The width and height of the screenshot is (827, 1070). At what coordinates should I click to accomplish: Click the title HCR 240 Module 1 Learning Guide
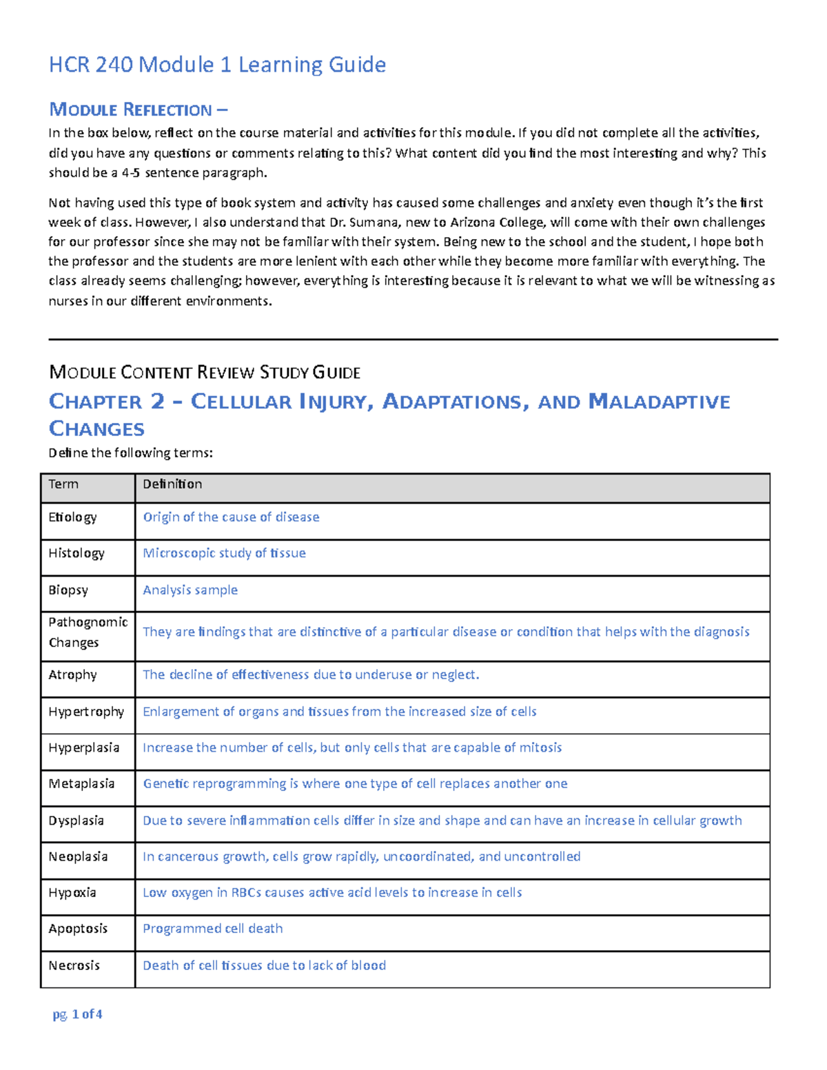pyautogui.click(x=217, y=65)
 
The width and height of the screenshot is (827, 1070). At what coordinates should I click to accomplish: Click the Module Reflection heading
pyautogui.click(x=138, y=110)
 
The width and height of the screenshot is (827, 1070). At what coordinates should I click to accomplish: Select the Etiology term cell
pyautogui.click(x=72, y=517)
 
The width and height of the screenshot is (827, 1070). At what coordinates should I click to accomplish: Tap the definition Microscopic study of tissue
pyautogui.click(x=224, y=553)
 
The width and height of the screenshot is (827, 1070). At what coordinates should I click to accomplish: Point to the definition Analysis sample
pyautogui.click(x=190, y=590)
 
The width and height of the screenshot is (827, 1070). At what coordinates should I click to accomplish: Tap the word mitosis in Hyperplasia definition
pyautogui.click(x=541, y=748)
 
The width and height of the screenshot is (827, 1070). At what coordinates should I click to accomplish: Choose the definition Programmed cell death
pyautogui.click(x=212, y=929)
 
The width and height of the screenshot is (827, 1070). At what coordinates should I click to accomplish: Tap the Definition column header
pyautogui.click(x=172, y=484)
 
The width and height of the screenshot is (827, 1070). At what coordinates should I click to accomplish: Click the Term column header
pyautogui.click(x=63, y=484)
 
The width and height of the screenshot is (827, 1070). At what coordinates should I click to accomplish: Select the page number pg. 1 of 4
pyautogui.click(x=77, y=1014)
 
